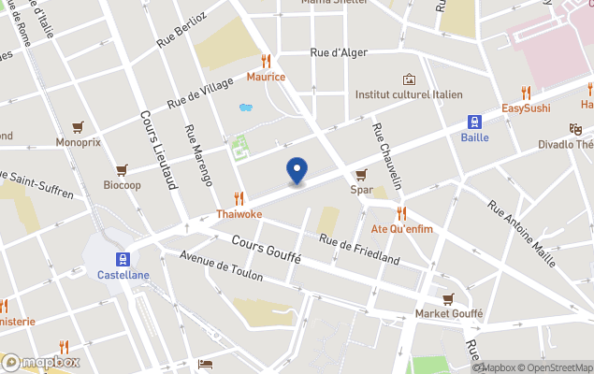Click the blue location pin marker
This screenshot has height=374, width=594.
pyautogui.click(x=297, y=170)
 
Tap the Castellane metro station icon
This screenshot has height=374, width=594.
pyautogui.click(x=122, y=259)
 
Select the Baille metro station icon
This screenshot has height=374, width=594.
pyautogui.click(x=474, y=122)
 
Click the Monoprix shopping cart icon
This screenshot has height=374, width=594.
pyautogui.click(x=78, y=127)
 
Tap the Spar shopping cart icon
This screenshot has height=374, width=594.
pyautogui.click(x=361, y=175)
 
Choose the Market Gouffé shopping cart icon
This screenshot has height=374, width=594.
pyautogui.click(x=449, y=298)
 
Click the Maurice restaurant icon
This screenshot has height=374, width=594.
pyautogui.click(x=266, y=61)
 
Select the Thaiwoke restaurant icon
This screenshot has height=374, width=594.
pyautogui.click(x=239, y=198)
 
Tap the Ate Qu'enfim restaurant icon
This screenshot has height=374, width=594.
pyautogui.click(x=401, y=212)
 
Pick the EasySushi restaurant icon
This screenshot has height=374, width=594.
pyautogui.click(x=526, y=93)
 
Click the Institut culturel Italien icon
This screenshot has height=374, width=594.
pyautogui.click(x=408, y=79)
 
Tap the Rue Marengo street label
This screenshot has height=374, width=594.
pyautogui.click(x=198, y=155)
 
